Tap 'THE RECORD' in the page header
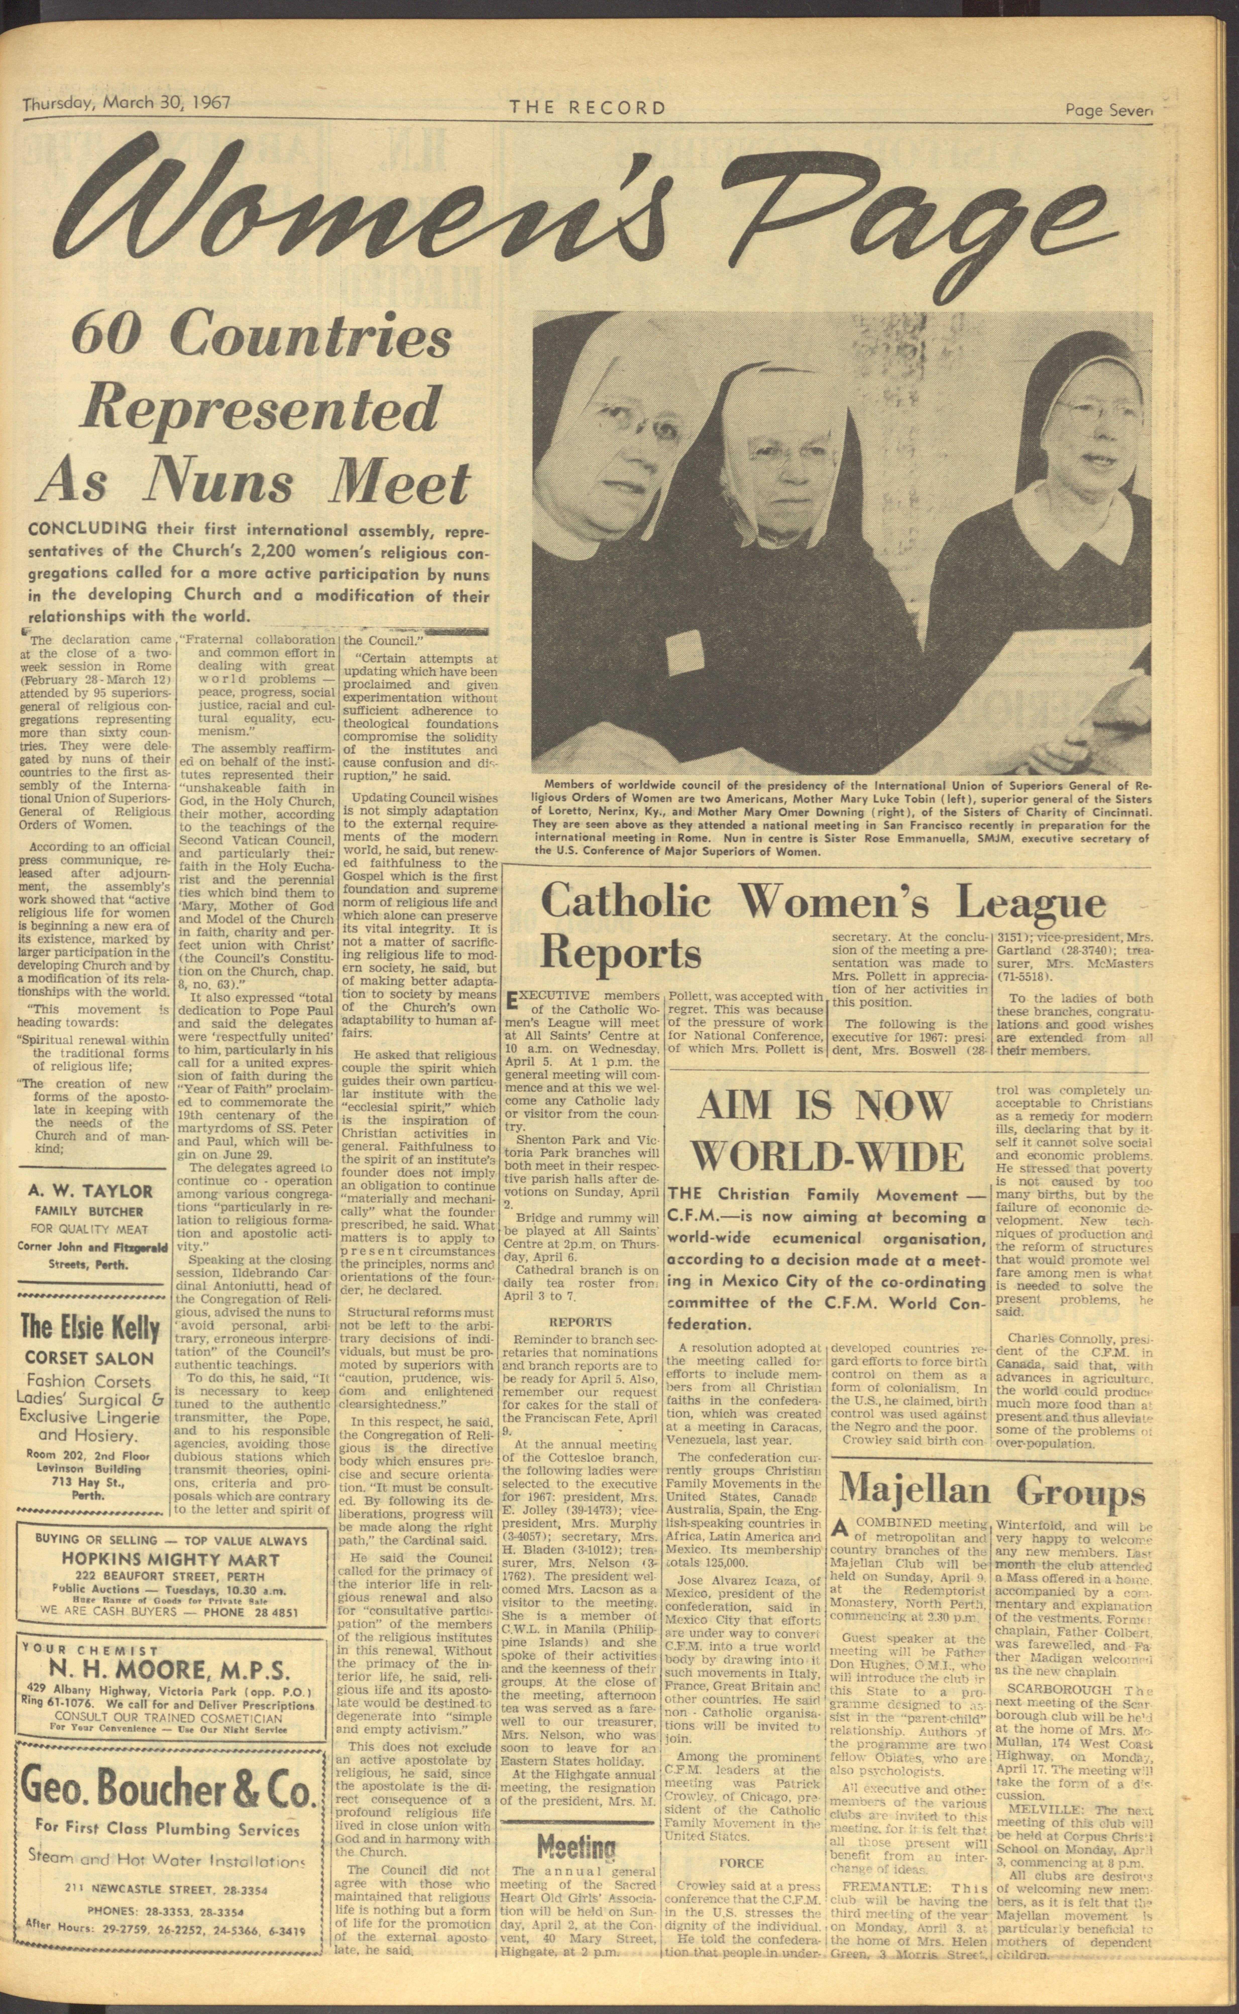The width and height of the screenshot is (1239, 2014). pos(587,107)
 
